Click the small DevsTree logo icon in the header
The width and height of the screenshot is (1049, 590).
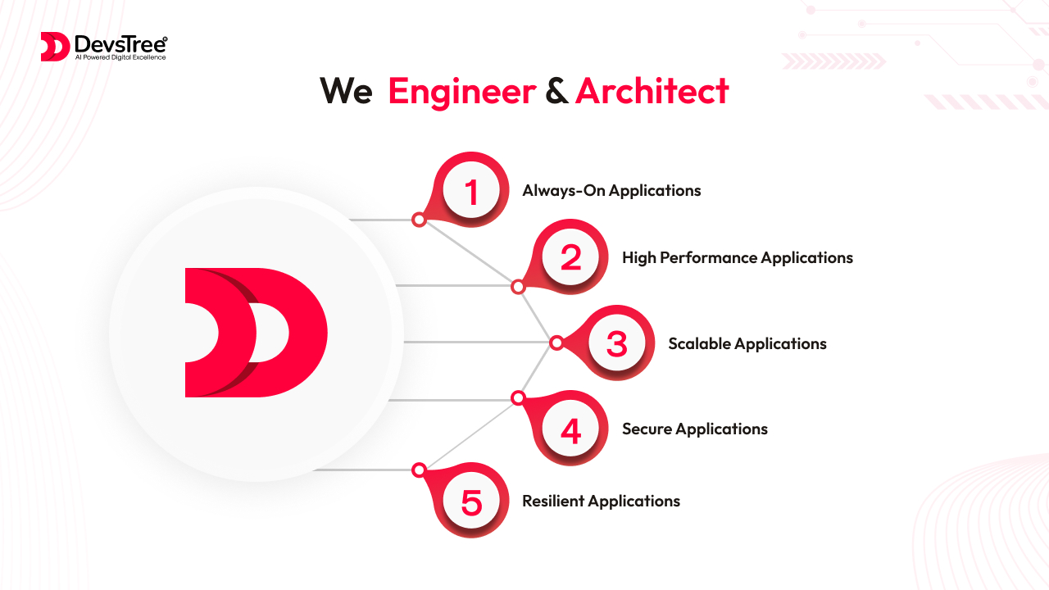tap(55, 47)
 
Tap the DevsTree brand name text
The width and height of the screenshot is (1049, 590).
tap(120, 44)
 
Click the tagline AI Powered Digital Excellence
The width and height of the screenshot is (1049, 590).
tap(120, 57)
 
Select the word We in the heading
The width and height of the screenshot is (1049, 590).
tap(346, 91)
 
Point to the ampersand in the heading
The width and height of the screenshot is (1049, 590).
tap(556, 91)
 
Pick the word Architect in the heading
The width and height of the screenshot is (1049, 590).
tap(652, 90)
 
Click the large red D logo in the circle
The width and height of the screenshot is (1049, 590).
tap(257, 333)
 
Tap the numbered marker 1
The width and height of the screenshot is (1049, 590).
tap(471, 191)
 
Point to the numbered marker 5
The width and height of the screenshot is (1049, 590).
tap(471, 501)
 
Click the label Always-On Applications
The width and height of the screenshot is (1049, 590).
tap(611, 191)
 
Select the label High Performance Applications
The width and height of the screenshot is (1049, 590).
tap(738, 258)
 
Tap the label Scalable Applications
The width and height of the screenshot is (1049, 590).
tap(747, 344)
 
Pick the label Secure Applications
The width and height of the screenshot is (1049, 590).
tap(695, 429)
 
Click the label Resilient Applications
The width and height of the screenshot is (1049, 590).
tap(602, 501)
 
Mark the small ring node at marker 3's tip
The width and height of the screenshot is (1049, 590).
tap(556, 343)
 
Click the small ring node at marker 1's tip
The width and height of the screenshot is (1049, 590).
tap(419, 219)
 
